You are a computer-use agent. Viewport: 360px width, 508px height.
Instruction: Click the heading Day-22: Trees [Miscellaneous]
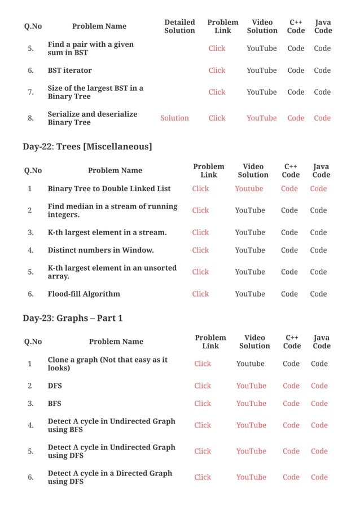[x=87, y=147]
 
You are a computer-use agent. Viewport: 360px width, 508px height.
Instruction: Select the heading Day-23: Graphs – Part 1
[x=72, y=318]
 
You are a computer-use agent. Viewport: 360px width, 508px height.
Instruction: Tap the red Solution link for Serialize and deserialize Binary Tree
[x=174, y=118]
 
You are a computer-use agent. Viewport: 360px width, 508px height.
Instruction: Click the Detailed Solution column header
[x=179, y=26]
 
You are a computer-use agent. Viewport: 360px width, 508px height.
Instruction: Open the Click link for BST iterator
[x=217, y=70]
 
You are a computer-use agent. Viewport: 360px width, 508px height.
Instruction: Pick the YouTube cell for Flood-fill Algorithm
[x=250, y=294]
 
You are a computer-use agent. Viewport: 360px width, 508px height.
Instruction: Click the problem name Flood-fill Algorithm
[x=84, y=294]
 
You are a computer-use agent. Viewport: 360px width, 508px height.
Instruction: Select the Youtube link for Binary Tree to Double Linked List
[x=249, y=188]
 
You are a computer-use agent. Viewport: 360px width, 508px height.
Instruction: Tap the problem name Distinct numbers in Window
[x=100, y=250]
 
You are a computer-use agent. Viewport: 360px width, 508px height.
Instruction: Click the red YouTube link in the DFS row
[x=251, y=386]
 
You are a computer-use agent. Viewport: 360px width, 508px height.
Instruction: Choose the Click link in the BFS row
[x=203, y=403]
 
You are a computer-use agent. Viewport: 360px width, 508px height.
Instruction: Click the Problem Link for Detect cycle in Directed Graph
[x=203, y=477]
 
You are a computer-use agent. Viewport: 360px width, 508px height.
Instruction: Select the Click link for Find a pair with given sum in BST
[x=217, y=48]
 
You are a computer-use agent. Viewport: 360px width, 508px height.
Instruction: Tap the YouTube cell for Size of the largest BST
[x=261, y=92]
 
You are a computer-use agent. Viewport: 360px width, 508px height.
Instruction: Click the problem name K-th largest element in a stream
[x=107, y=232]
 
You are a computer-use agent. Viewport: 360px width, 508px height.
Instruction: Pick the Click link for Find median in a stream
[x=200, y=210]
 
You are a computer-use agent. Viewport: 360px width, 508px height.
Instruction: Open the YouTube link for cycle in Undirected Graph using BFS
[x=251, y=425]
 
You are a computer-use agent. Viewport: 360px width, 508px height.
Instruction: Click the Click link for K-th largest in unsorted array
[x=200, y=272]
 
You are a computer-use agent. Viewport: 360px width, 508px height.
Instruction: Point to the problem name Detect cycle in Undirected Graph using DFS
[x=111, y=451]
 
